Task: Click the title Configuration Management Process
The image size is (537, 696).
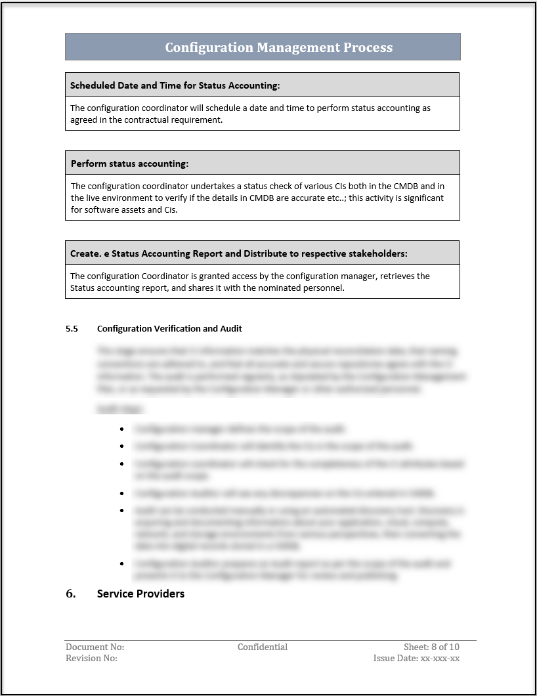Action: point(278,47)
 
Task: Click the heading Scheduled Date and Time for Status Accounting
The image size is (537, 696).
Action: point(175,85)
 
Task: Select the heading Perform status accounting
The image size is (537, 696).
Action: point(129,163)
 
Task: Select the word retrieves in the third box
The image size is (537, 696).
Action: point(397,276)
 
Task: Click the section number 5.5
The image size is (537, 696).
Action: point(72,328)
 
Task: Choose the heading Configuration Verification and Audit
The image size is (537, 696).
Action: point(169,328)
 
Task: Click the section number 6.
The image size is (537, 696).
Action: point(71,594)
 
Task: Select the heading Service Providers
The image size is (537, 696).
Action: point(140,594)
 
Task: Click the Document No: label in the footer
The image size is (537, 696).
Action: point(95,647)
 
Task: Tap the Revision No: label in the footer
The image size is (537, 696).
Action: point(91,658)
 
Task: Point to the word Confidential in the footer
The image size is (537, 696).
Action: point(263,647)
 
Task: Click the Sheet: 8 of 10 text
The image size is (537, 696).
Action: point(431,647)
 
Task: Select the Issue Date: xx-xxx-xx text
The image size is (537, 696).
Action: point(416,658)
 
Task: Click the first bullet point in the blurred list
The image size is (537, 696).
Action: point(122,429)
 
